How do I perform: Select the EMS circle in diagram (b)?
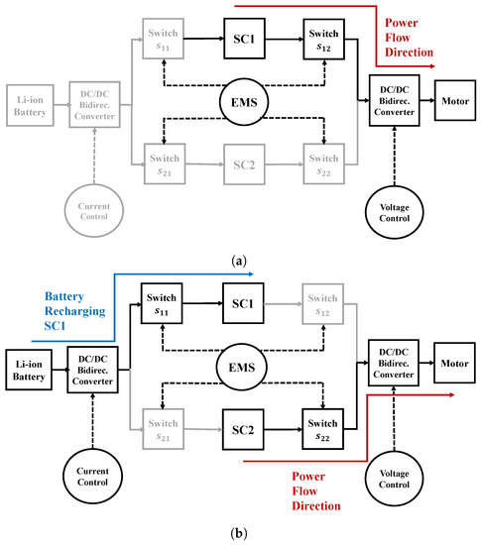242,364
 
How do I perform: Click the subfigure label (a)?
240,259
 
